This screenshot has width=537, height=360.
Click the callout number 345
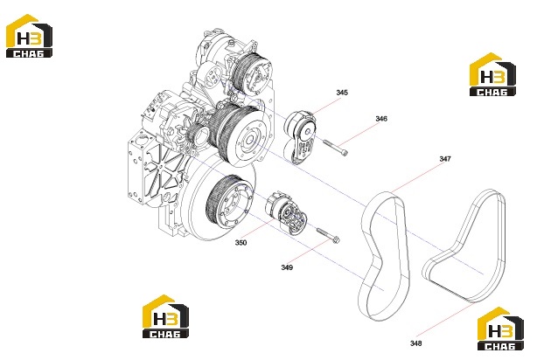[342, 93]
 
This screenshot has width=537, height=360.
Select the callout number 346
[381, 119]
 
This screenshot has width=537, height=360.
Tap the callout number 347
[445, 159]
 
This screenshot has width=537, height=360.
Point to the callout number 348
[415, 343]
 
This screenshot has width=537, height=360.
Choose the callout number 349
[287, 267]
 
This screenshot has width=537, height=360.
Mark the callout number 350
[241, 243]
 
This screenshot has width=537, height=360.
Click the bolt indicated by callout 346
[335, 148]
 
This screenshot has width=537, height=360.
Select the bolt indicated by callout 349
[328, 236]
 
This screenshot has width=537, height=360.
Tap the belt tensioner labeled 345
[300, 137]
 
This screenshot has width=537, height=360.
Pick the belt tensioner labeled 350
[286, 214]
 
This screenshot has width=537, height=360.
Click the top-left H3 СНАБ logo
[29, 36]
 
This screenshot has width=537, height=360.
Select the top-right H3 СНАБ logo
[492, 74]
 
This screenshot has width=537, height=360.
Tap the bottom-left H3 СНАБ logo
[165, 316]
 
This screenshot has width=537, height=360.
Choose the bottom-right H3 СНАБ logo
[500, 329]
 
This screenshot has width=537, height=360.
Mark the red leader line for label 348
[445, 319]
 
